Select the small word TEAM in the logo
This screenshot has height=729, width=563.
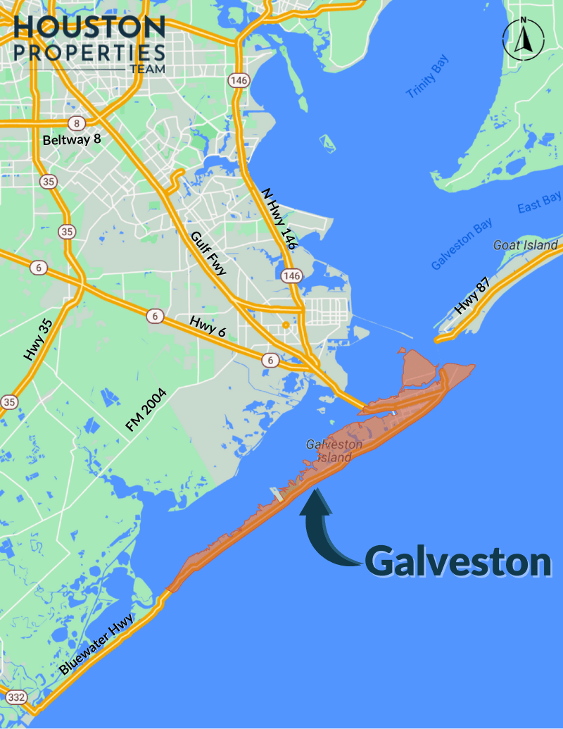[147, 70]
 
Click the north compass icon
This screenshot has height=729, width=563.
[522, 39]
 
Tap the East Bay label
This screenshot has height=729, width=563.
[539, 203]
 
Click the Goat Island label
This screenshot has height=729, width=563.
[526, 245]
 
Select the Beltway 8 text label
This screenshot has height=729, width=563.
[72, 139]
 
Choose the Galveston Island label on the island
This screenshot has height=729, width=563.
[334, 451]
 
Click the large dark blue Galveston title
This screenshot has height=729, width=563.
[457, 561]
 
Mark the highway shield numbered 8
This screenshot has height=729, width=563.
[77, 123]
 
